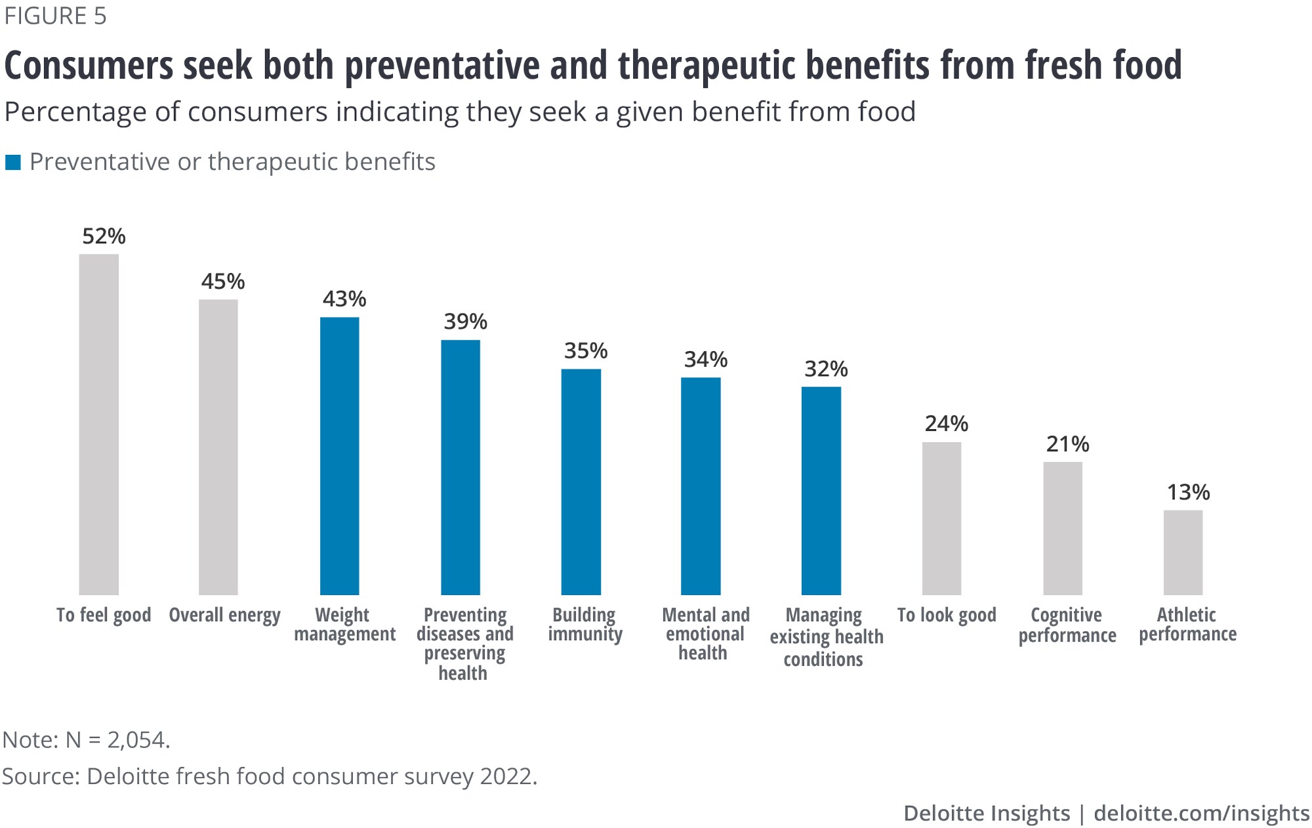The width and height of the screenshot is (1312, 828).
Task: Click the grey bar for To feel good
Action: click(x=98, y=424)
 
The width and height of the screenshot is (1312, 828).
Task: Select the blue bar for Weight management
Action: click(x=339, y=456)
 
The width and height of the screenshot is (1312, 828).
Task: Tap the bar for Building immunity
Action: click(x=581, y=482)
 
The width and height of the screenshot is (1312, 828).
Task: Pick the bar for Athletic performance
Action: click(x=1183, y=552)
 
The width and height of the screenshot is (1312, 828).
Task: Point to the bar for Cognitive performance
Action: click(x=1063, y=528)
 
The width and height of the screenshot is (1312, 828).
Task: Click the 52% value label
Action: click(x=104, y=236)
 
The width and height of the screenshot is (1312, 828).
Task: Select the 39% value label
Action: click(x=465, y=321)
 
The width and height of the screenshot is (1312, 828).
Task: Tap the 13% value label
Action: click(x=1188, y=492)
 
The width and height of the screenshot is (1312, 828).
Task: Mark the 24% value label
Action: click(x=946, y=424)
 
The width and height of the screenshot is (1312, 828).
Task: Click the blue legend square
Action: click(x=13, y=162)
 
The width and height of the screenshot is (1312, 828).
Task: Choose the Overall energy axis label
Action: click(x=224, y=615)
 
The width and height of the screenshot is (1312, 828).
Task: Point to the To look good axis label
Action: click(x=946, y=615)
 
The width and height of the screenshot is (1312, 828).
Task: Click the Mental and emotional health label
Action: click(x=705, y=634)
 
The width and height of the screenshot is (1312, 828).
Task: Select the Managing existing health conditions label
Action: click(x=825, y=636)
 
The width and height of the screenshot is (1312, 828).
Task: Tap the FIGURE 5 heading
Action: click(x=55, y=16)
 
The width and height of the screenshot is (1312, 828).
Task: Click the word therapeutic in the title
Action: click(x=707, y=66)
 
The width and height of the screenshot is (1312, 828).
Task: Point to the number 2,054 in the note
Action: click(x=136, y=740)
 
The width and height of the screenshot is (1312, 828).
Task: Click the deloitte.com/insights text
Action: click(x=1201, y=814)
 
